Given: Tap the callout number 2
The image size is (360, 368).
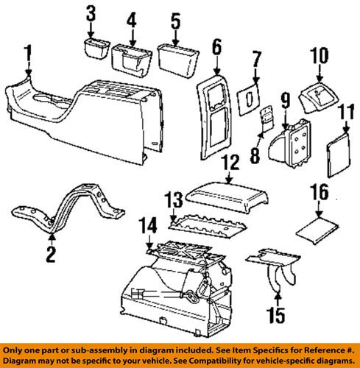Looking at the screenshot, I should tap(51, 255).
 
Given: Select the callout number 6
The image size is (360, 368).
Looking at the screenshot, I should tap(216, 48).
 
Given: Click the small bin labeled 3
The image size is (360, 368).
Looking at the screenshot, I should tap(94, 52).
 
